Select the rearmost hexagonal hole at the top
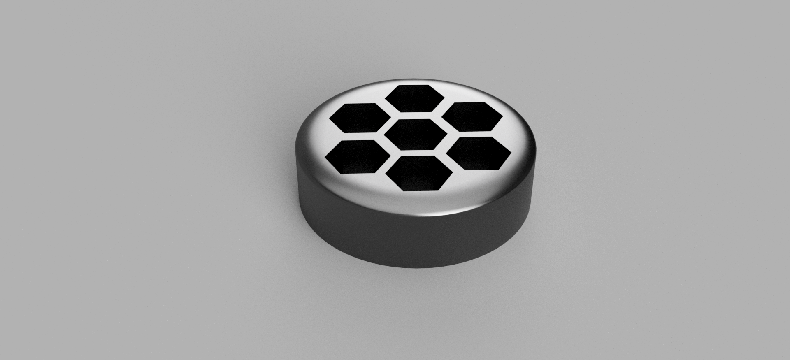click(415, 98)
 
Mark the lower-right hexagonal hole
click(478, 153)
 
